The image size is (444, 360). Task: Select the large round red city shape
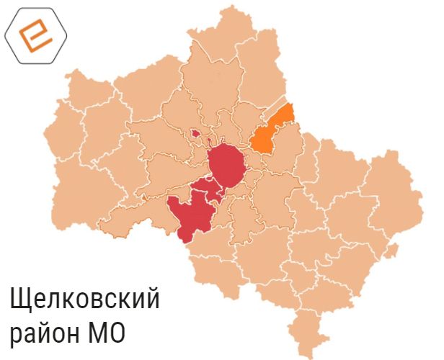[227, 165]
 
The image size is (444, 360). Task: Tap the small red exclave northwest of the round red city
[195, 132]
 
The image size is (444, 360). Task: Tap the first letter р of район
[15, 336]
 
